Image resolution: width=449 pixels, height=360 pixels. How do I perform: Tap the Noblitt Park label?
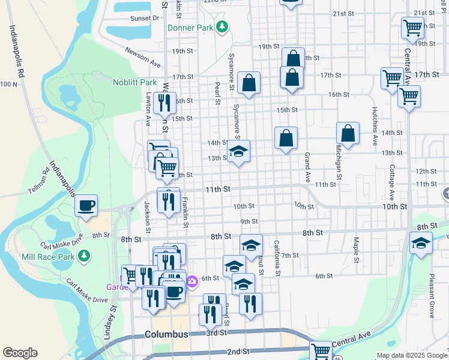(x=134, y=82)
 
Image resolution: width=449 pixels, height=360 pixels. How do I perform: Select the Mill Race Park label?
(x=57, y=256)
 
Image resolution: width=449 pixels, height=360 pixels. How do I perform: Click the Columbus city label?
(x=166, y=334)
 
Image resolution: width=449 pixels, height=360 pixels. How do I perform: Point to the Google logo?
(x=20, y=353)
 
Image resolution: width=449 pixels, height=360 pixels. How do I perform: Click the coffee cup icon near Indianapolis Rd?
(x=85, y=206)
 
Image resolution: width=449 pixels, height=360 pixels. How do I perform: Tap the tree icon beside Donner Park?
(x=223, y=27)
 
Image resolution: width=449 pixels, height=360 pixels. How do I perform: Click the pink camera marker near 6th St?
(x=191, y=281)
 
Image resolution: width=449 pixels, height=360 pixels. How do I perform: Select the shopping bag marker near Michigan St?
(x=348, y=133)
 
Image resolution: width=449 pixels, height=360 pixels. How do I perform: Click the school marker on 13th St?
(x=238, y=151)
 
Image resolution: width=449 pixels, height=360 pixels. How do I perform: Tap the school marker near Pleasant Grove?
(x=421, y=243)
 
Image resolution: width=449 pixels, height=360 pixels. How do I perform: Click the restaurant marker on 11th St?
(x=168, y=199)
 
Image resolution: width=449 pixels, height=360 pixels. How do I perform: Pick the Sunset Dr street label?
(x=145, y=18)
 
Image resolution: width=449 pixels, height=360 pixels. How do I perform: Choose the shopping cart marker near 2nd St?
(x=321, y=352)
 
